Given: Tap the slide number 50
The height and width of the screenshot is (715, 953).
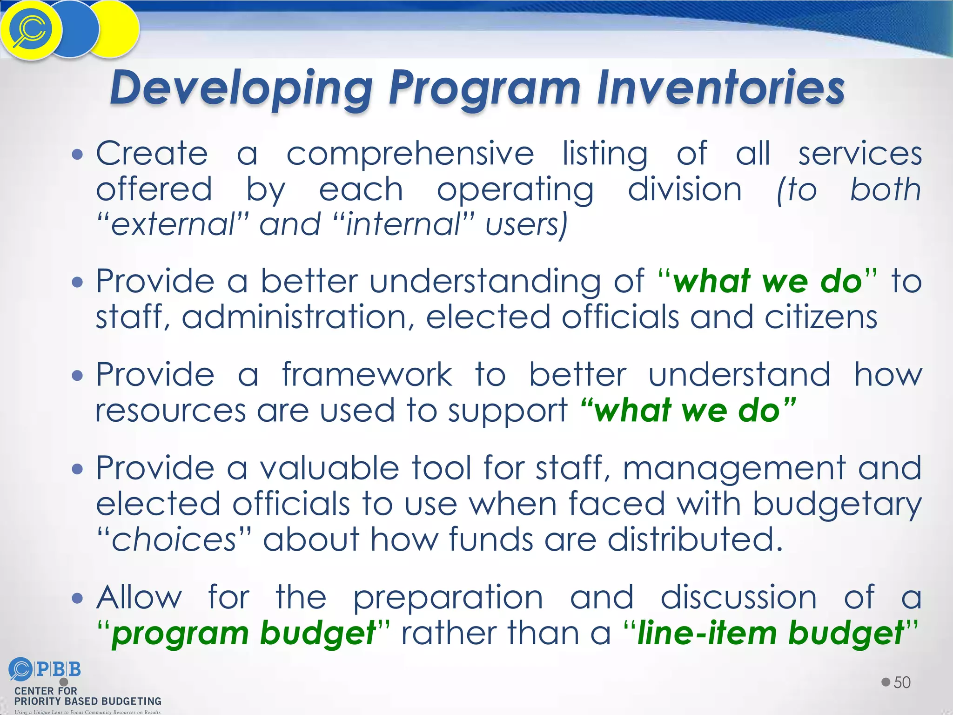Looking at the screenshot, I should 902,682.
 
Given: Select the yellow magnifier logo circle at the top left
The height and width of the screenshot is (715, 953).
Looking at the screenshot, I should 31,30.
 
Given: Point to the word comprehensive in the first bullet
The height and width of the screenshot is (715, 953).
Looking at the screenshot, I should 410,154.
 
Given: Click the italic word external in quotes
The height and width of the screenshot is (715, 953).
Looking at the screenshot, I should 173,224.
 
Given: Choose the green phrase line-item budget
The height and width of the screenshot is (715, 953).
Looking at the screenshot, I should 770,634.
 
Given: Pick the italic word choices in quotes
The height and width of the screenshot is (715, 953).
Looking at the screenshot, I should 174,540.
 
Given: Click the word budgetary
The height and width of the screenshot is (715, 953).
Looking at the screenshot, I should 837,505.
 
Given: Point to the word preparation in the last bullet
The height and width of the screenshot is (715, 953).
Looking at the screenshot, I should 448,598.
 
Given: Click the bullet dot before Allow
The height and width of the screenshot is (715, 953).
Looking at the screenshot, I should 78,598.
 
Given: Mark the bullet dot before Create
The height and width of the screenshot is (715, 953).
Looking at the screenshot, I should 78,154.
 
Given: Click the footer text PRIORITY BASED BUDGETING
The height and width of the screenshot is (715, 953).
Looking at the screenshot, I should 88,701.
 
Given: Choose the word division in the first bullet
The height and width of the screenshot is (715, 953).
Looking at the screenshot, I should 685,189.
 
